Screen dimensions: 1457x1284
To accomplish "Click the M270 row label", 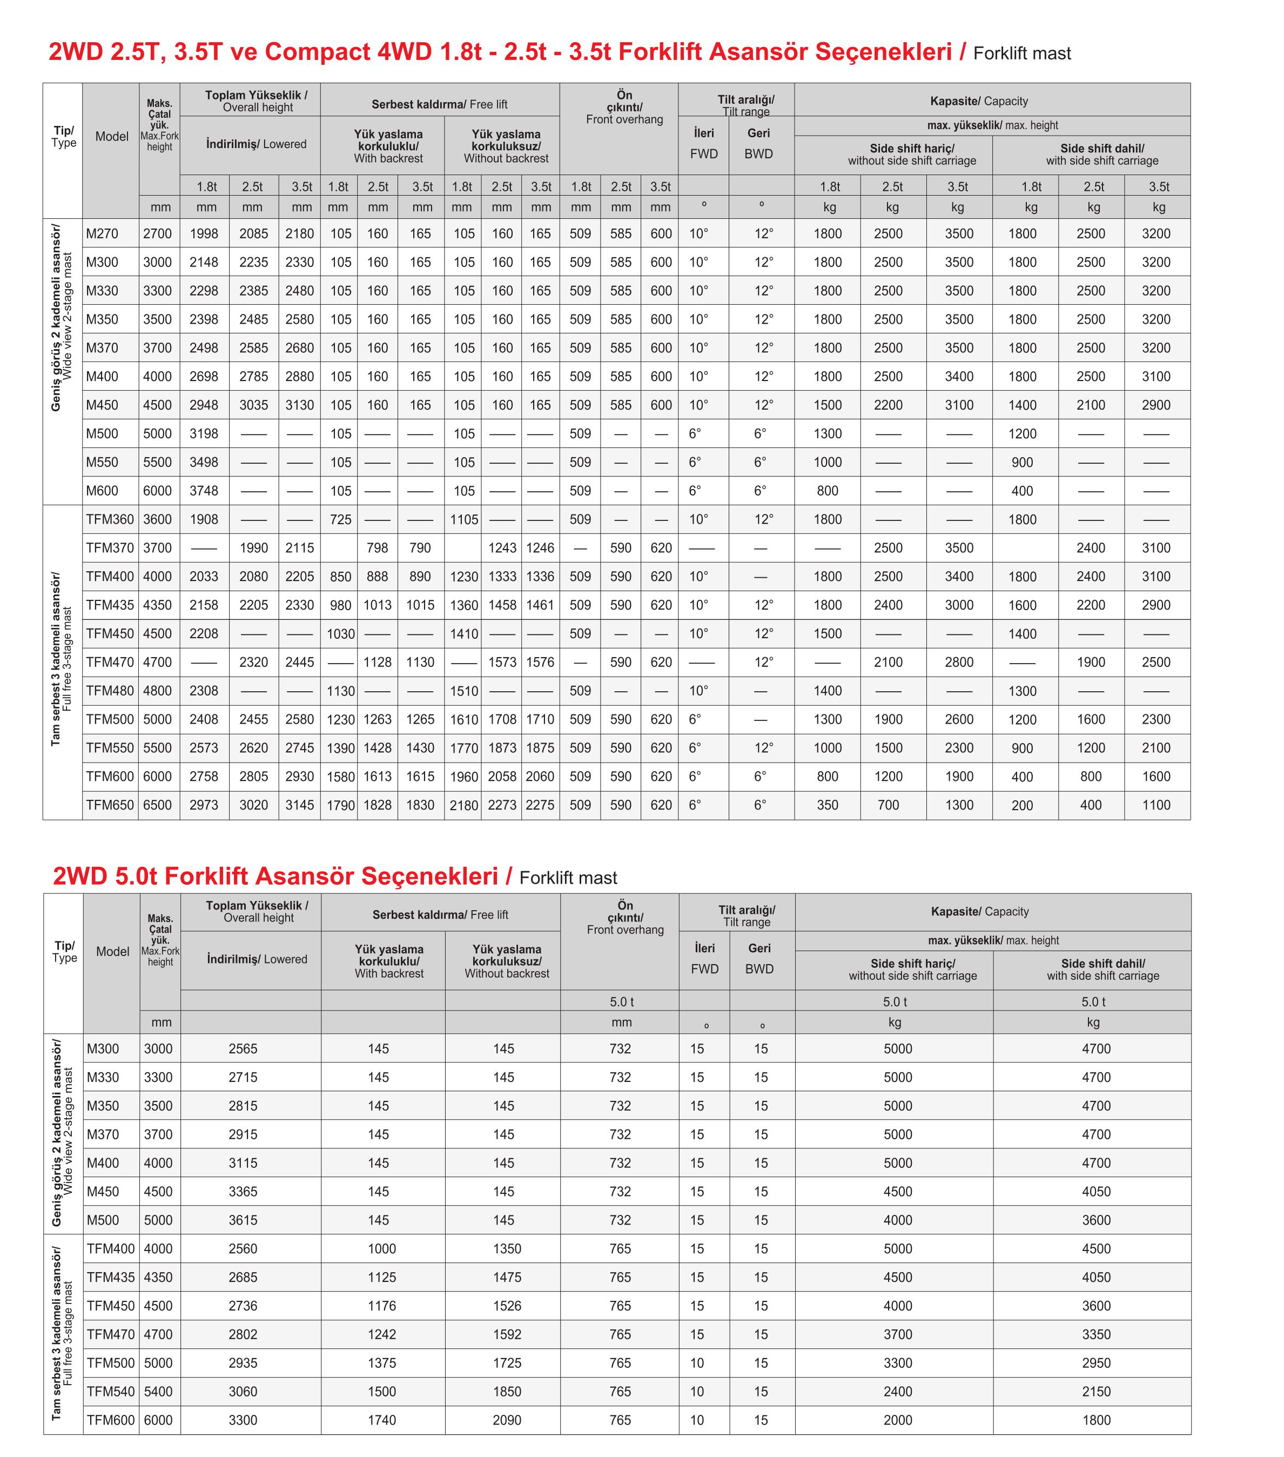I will (103, 234).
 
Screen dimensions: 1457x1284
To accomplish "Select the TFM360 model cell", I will (110, 520).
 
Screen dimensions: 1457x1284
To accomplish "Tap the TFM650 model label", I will (110, 805).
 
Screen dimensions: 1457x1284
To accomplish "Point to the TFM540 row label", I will (110, 1392).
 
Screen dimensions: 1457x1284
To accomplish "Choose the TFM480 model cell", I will (110, 691).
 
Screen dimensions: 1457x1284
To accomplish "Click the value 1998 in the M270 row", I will (204, 234).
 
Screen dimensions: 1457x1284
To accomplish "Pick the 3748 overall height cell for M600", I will (204, 491).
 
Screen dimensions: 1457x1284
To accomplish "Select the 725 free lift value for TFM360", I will (341, 520).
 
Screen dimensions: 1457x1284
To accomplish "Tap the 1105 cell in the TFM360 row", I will (464, 520).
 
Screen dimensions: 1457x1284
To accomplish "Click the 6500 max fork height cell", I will (158, 805).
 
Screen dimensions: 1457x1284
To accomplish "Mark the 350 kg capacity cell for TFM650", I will (827, 805).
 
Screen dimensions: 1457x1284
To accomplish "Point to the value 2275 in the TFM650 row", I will (540, 805).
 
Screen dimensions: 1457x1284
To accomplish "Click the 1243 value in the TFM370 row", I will (502, 548).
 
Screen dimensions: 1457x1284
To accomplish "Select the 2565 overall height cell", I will (243, 1050).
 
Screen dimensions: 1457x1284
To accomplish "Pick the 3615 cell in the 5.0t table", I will (243, 1220).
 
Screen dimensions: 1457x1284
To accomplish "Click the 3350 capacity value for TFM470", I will (1096, 1334).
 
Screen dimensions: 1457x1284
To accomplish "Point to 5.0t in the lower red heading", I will (136, 876).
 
